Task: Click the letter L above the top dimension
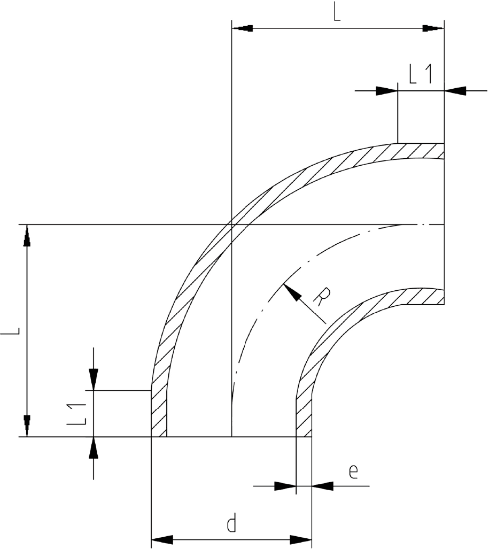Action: (336, 12)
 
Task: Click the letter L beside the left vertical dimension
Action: (11, 331)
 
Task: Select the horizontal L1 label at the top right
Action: (421, 75)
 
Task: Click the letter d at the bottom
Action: (231, 524)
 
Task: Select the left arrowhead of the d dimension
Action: (161, 538)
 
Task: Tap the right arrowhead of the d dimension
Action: (302, 538)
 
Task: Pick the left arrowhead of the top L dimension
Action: (243, 28)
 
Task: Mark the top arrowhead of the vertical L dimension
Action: (27, 236)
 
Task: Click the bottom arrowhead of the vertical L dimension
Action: (27, 426)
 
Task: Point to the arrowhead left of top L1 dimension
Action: (387, 91)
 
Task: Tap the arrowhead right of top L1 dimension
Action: (455, 91)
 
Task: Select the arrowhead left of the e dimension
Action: (285, 486)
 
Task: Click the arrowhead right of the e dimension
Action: (323, 486)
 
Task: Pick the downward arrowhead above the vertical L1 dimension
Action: (94, 379)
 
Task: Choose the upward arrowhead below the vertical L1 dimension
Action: (94, 448)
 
